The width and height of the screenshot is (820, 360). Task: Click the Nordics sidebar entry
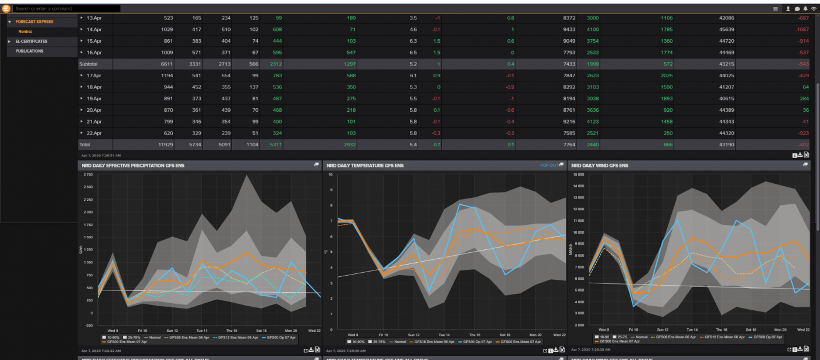(x=25, y=31)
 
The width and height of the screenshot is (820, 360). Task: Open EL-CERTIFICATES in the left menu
(x=32, y=41)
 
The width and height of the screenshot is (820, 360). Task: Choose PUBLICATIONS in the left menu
(x=29, y=51)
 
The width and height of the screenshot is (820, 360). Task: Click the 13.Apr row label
(x=94, y=19)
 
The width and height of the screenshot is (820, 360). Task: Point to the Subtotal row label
(x=88, y=63)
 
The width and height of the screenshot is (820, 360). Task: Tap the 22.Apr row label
(x=94, y=133)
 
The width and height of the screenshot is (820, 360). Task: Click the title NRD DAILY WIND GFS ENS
(x=600, y=166)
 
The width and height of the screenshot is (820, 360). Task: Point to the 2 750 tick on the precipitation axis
(x=88, y=175)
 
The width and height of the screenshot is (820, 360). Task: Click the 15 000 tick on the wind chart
(x=577, y=175)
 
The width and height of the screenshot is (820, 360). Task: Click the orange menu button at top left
(x=6, y=9)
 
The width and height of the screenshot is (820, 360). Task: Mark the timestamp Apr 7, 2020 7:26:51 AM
(x=101, y=155)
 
